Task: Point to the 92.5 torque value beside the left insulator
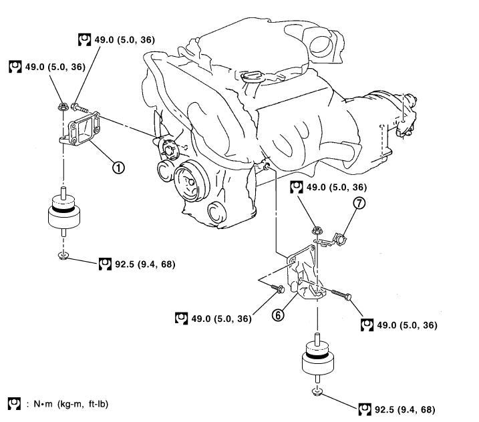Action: pyautogui.click(x=136, y=264)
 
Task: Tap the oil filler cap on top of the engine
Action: pyautogui.click(x=252, y=79)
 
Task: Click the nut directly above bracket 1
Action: pyautogui.click(x=61, y=105)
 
